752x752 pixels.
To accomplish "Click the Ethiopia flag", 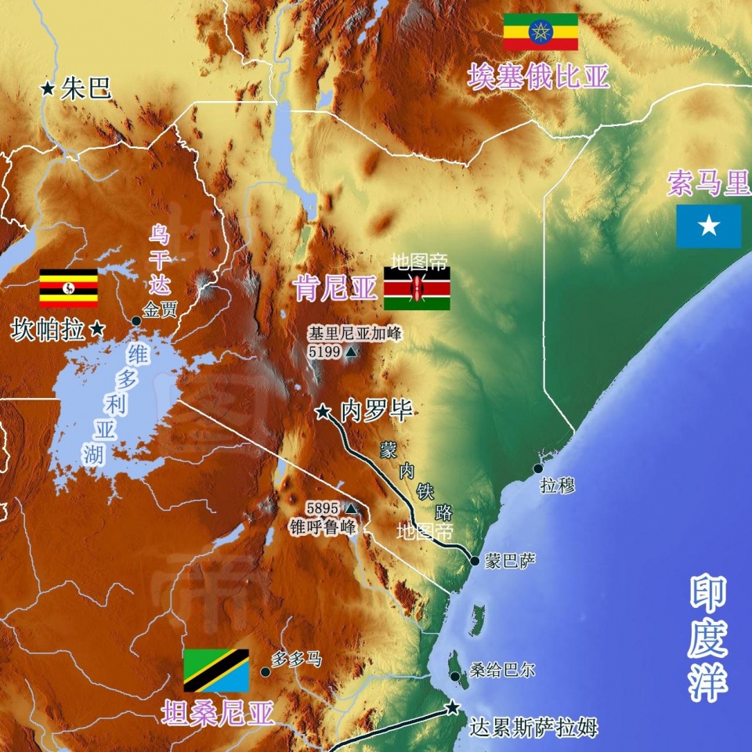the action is click(x=540, y=32).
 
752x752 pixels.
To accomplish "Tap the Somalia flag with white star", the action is click(x=709, y=226).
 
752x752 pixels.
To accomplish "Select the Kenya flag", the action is click(x=417, y=288).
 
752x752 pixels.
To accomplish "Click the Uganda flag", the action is click(x=69, y=287).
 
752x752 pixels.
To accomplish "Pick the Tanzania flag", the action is click(x=216, y=671).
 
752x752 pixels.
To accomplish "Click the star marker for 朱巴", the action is click(x=49, y=89).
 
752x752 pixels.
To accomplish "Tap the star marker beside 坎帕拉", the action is click(x=97, y=330).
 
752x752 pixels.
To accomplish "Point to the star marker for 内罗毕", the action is click(x=322, y=410).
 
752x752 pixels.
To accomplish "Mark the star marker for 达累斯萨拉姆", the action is click(x=452, y=708).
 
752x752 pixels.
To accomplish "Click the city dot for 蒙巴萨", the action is click(x=475, y=561).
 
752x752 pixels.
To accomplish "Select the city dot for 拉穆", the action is click(x=538, y=468).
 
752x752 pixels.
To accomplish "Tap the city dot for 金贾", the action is click(x=137, y=321).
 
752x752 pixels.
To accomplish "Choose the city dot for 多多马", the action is click(x=266, y=672).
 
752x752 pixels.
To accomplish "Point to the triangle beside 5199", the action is click(x=350, y=353).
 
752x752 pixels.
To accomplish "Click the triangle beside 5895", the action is click(x=352, y=508).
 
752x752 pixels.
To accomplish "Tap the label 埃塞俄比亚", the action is click(x=539, y=76).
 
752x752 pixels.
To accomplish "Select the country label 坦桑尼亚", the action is click(x=218, y=713).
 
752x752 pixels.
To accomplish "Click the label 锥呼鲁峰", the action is click(x=323, y=526).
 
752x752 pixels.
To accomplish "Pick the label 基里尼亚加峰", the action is click(x=354, y=334).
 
